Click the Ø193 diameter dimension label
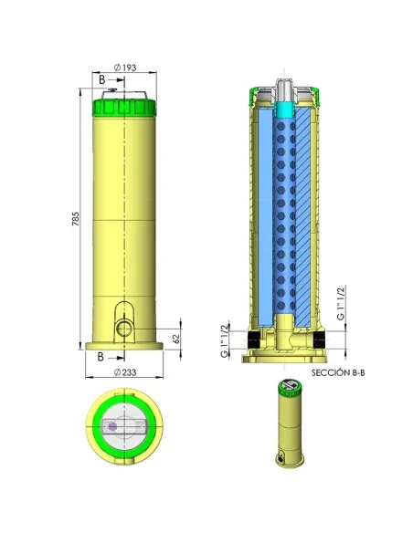click(125, 68)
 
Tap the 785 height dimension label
click(75, 219)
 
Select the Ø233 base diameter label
click(125, 372)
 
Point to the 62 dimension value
click(175, 339)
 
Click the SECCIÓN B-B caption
click(338, 372)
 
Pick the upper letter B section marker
click(101, 79)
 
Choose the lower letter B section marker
click(101, 357)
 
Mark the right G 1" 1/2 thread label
click(340, 304)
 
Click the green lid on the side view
click(124, 108)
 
